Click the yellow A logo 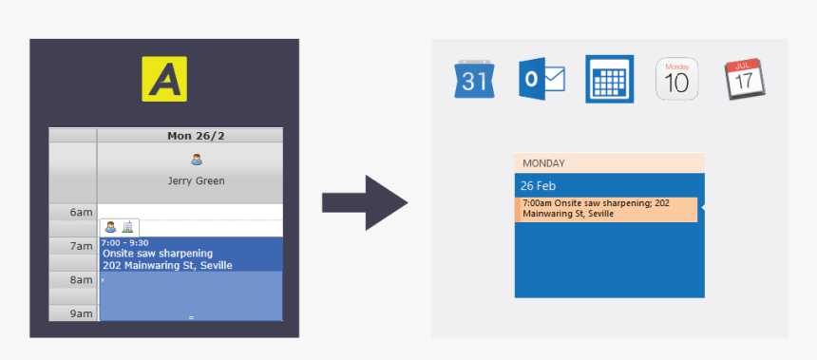click(164, 79)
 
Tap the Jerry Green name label click(197, 180)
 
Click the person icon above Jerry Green click(197, 160)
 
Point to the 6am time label click(81, 213)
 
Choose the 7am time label click(81, 247)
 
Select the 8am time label click(81, 280)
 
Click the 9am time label click(81, 313)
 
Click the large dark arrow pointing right click(364, 202)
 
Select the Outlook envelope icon click(541, 79)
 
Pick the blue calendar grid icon click(609, 79)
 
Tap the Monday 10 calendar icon click(677, 79)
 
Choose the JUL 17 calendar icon click(745, 79)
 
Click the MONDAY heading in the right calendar click(543, 163)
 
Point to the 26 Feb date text click(538, 184)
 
